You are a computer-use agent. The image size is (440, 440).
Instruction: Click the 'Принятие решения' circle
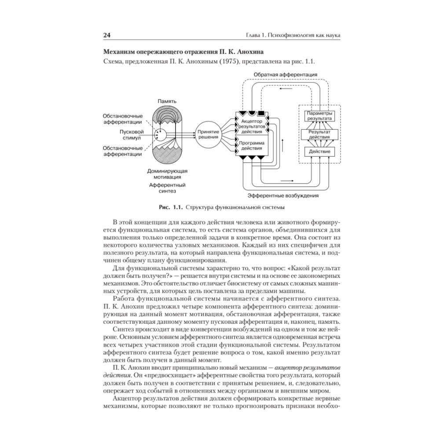coord(208,134)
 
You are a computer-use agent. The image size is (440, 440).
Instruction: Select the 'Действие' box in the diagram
coord(319,152)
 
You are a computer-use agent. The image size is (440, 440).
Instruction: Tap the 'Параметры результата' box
coord(319,116)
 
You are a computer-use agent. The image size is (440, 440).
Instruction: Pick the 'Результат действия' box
coord(319,134)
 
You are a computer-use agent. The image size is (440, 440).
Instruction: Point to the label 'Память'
coord(167,102)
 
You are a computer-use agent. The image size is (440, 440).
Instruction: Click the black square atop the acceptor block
coord(266,113)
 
